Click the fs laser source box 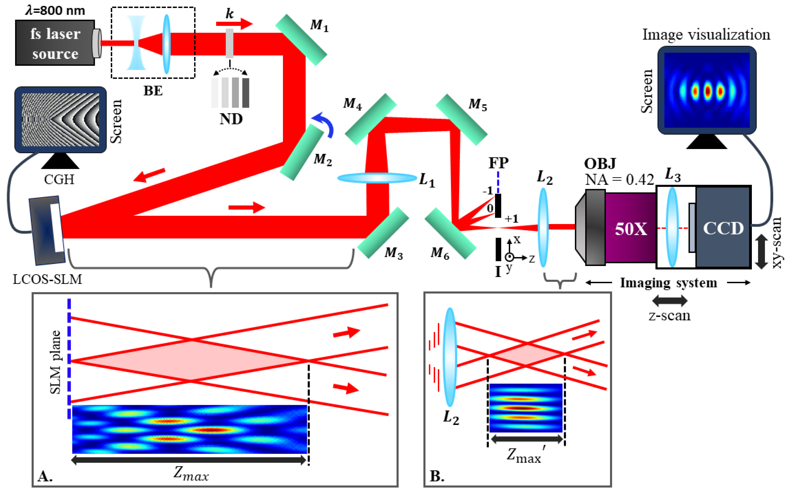pos(55,43)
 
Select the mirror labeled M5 pos(461,119)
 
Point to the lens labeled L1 pos(377,178)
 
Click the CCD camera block pos(723,227)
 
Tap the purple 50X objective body pos(630,228)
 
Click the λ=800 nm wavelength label pos(55,10)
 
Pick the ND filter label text pos(231,119)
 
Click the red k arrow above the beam pos(234,23)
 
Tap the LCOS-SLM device pos(47,230)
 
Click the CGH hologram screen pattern pos(60,120)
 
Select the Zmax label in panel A pos(191,474)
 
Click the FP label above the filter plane pos(498,163)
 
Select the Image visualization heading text pos(706,35)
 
